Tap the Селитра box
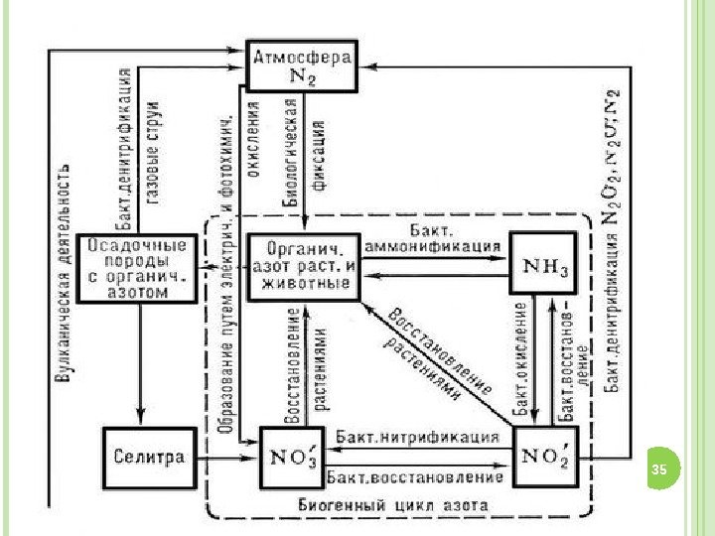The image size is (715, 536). [x=146, y=458]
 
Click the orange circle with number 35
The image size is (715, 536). [x=659, y=468]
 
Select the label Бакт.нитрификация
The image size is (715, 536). [x=417, y=437]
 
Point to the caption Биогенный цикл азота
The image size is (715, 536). [x=393, y=504]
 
